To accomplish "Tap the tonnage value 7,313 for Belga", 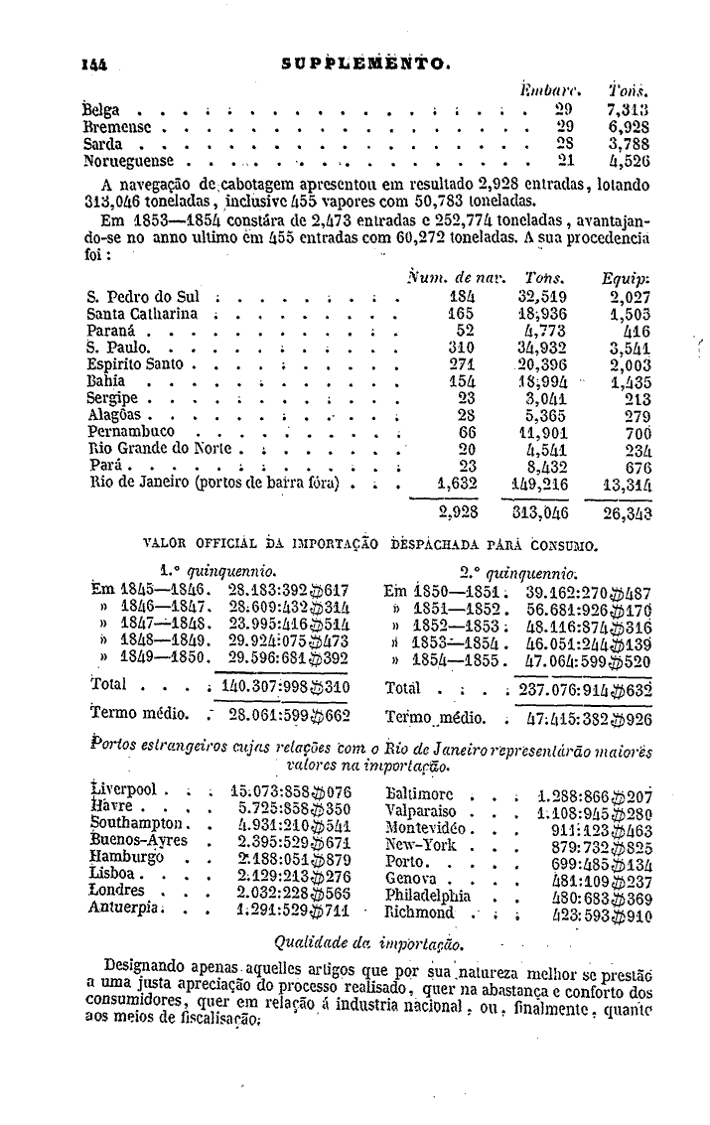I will (x=628, y=108).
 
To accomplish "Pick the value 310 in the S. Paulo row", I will (x=462, y=348).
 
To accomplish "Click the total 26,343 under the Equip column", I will (x=627, y=513).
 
